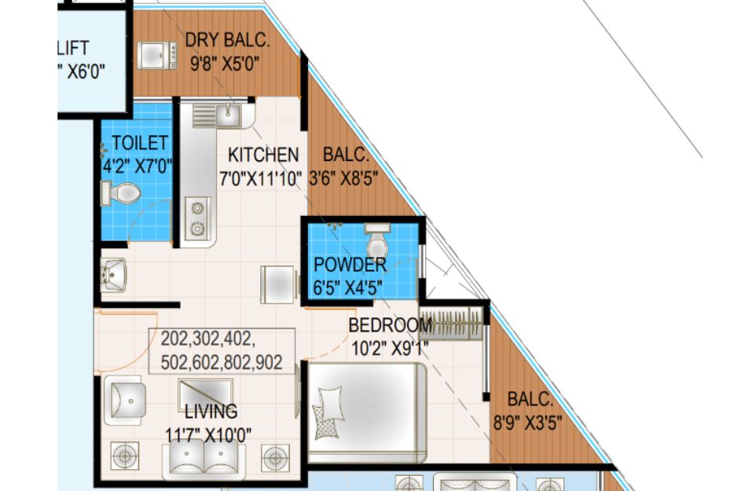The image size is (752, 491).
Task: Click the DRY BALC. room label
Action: click(227, 40)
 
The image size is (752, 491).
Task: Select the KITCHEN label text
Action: click(263, 155)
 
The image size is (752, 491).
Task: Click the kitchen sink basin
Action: click(228, 115)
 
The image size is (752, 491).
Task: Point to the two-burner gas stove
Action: click(197, 218)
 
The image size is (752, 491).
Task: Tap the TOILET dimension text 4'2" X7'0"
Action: click(138, 167)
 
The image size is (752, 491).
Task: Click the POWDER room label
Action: click(350, 265)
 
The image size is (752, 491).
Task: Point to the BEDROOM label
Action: click(390, 325)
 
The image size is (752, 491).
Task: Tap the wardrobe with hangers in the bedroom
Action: click(451, 323)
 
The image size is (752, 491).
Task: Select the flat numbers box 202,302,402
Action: click(222, 351)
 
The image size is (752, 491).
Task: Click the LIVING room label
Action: click(211, 412)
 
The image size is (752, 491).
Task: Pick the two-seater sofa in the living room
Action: click(204, 461)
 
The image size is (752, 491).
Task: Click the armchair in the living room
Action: click(125, 401)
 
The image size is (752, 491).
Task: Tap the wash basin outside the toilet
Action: click(113, 275)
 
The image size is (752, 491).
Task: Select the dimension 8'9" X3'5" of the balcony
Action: click(527, 423)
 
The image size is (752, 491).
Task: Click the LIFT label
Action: click(73, 48)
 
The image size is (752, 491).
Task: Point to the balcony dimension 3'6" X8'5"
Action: click(343, 178)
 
